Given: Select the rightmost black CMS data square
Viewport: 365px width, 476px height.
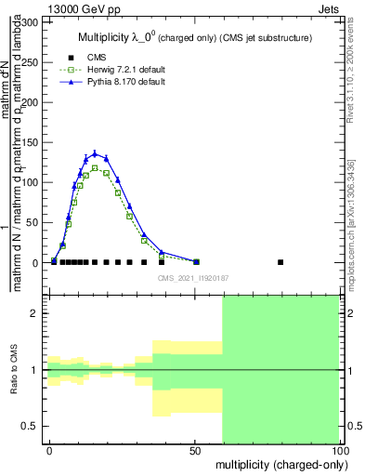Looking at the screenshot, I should pyautogui.click(x=280, y=262).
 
